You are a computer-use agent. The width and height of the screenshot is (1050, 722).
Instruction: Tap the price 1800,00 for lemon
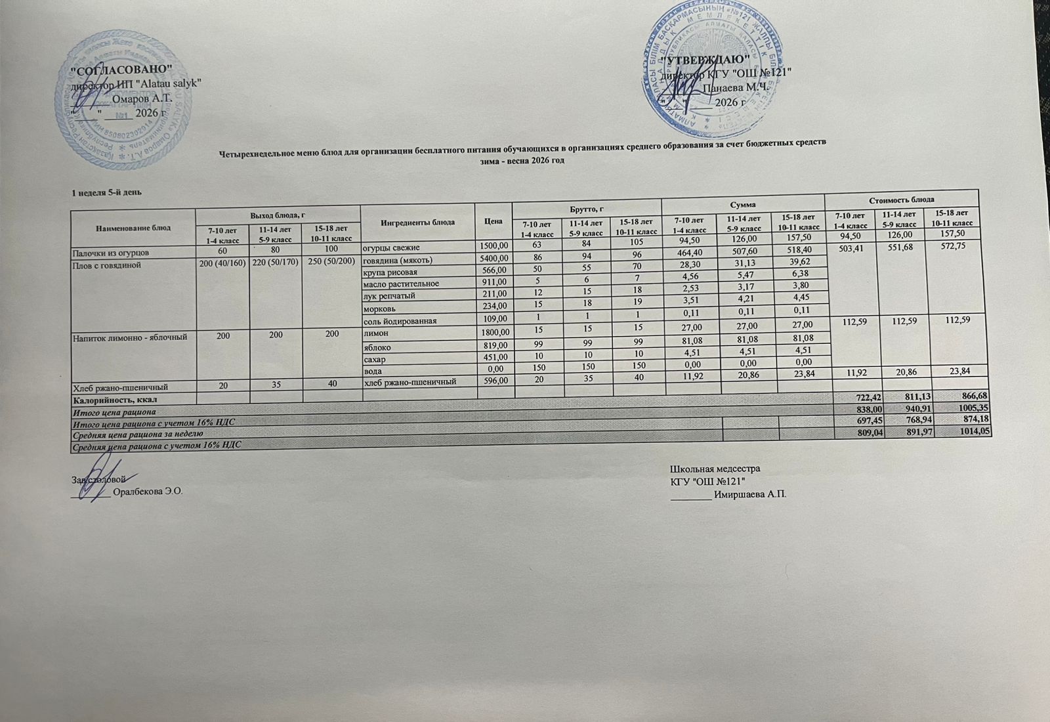(x=493, y=333)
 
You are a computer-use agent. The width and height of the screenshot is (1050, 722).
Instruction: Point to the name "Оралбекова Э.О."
(x=147, y=492)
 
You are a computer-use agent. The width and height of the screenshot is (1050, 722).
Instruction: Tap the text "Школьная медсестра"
(x=715, y=469)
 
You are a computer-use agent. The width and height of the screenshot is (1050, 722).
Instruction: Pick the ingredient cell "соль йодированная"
(x=401, y=321)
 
